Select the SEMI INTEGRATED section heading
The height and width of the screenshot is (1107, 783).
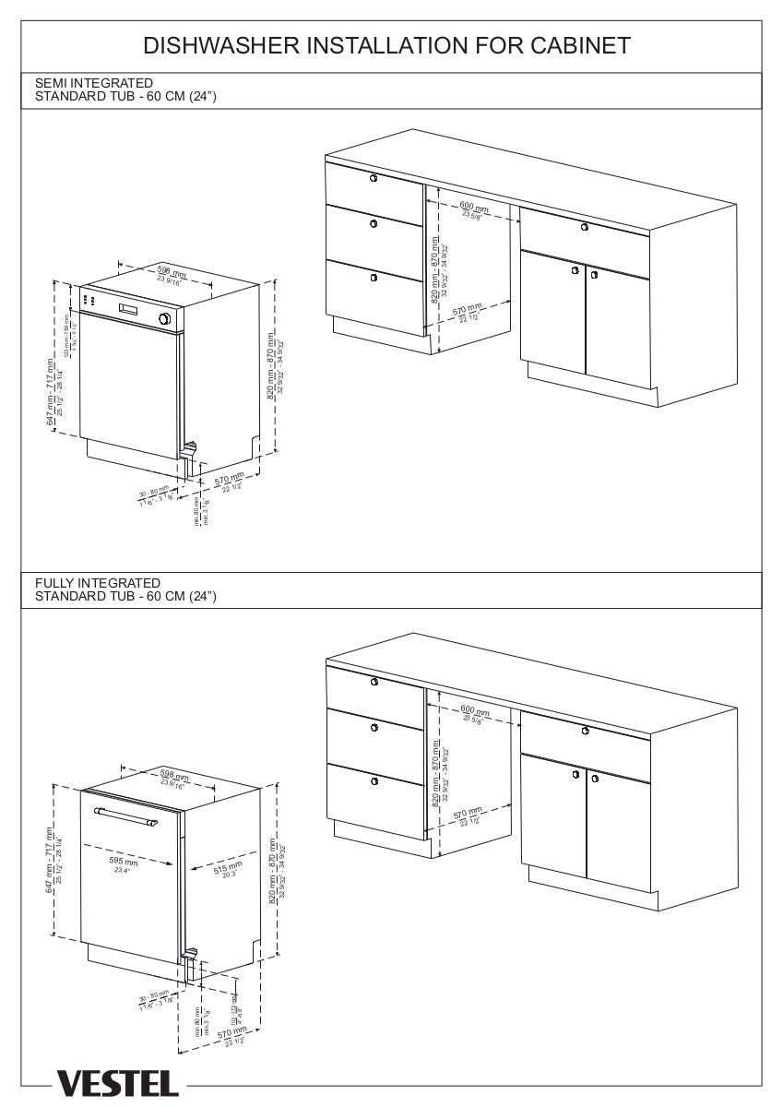(94, 83)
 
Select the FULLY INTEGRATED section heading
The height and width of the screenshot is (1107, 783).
(98, 583)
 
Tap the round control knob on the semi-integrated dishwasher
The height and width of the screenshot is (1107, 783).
(165, 318)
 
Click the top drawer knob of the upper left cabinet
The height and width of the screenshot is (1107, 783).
(373, 177)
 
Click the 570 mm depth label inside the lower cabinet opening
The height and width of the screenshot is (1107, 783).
(468, 815)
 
